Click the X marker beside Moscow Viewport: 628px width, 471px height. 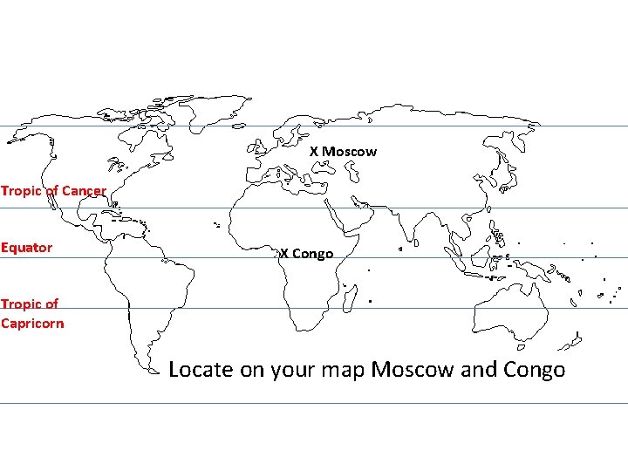point(314,152)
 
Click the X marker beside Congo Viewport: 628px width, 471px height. point(284,254)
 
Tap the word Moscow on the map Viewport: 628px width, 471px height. point(350,152)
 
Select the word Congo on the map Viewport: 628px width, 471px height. point(313,254)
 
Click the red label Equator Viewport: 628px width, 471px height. point(27,248)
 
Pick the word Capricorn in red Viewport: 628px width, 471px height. point(32,323)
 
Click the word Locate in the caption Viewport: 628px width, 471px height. point(201,370)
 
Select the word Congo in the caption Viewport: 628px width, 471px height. point(535,370)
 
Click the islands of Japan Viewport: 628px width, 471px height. point(502,169)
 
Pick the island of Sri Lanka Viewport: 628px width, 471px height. point(400,249)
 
